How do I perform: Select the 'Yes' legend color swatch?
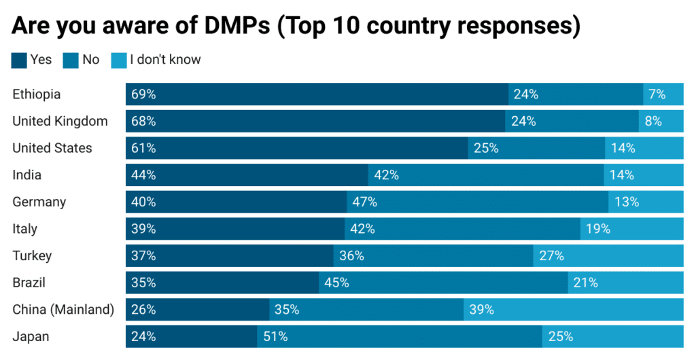(19, 60)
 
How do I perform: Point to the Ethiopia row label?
(36, 94)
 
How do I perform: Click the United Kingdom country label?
(60, 121)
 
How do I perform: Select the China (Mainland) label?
(63, 310)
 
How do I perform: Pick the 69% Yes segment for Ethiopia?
(317, 94)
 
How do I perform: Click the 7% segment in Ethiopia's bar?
(663, 94)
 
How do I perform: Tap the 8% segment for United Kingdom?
(661, 121)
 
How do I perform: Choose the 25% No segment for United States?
(536, 148)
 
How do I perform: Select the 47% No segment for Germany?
(478, 202)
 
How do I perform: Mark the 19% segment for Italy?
(631, 229)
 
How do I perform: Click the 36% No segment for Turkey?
(433, 255)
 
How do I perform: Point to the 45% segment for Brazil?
(443, 283)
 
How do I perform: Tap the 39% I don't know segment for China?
(574, 310)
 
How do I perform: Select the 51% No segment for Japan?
(400, 336)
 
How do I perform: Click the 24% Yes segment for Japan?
(192, 336)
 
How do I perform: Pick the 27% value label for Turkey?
(551, 256)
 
